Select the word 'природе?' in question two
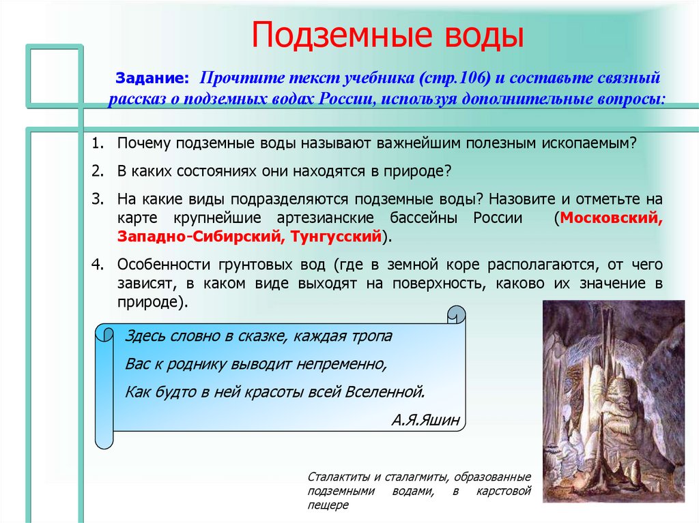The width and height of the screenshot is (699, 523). [x=416, y=170]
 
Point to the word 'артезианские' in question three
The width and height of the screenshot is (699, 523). [x=322, y=219]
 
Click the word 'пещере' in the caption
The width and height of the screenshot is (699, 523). [x=328, y=505]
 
